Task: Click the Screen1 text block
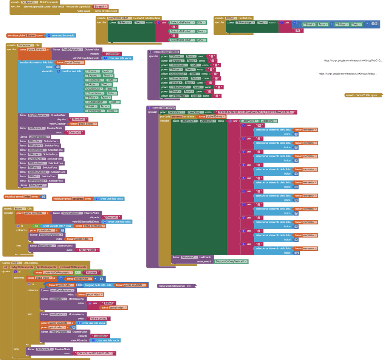(100, 6)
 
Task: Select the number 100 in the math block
(374, 24)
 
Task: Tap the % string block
(297, 30)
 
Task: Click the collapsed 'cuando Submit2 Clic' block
(363, 95)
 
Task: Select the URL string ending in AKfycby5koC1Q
(353, 60)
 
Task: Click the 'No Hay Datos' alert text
(87, 250)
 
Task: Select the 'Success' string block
(91, 272)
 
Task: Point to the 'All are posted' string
(99, 318)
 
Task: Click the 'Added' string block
(108, 303)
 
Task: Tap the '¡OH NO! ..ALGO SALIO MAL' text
(95, 353)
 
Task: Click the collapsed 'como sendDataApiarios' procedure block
(176, 286)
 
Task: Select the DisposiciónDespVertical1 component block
(231, 261)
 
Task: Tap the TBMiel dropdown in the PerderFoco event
(230, 18)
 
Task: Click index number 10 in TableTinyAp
(296, 253)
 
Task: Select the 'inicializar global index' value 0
(43, 197)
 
